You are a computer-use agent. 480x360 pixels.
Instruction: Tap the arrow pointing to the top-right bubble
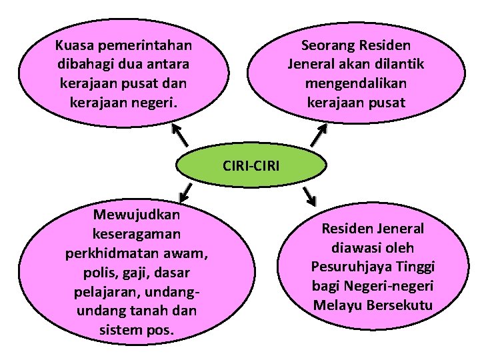click(318, 135)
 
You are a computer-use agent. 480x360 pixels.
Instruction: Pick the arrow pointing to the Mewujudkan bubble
click(187, 193)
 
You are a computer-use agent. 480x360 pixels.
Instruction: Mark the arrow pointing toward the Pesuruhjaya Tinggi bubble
click(309, 195)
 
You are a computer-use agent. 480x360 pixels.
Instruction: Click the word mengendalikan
click(356, 84)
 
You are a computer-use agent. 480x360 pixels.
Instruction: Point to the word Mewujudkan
click(137, 215)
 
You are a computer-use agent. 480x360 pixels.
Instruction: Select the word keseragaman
click(137, 234)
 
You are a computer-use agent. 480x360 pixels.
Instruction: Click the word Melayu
click(337, 305)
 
